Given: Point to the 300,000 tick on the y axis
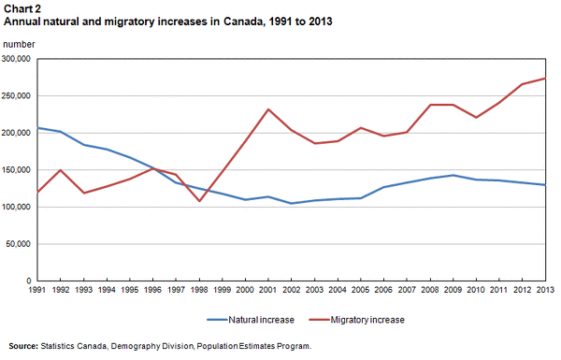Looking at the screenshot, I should pyautogui.click(x=18, y=59).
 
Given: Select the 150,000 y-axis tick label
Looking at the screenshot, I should pyautogui.click(x=18, y=170).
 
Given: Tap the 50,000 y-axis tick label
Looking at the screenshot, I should pyautogui.click(x=21, y=244).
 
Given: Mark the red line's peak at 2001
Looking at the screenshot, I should pyautogui.click(x=268, y=109).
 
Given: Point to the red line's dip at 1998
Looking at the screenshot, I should pyautogui.click(x=199, y=201).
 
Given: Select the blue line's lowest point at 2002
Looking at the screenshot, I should pyautogui.click(x=292, y=203).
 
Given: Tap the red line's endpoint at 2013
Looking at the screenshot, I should pyautogui.click(x=544, y=79).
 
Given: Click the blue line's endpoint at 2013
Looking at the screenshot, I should pyautogui.click(x=544, y=185).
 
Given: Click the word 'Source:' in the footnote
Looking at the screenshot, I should pyautogui.click(x=23, y=346).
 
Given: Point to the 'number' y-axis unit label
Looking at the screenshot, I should pyautogui.click(x=19, y=44).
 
